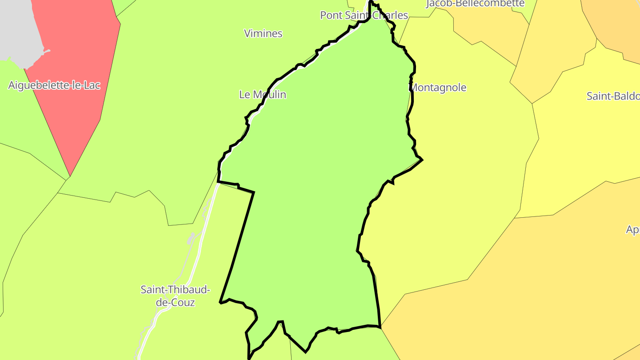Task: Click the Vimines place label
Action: click(x=263, y=33)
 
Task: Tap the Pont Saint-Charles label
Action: click(x=364, y=15)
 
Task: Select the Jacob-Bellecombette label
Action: click(x=475, y=4)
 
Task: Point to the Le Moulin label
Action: click(x=263, y=95)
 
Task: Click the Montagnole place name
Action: click(x=438, y=88)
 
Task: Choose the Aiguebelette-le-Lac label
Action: click(x=54, y=85)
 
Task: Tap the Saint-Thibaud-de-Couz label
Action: click(x=175, y=296)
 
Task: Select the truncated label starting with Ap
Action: click(x=632, y=230)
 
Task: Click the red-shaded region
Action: click(x=76, y=89)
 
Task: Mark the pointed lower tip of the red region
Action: click(x=70, y=175)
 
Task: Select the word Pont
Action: click(x=331, y=15)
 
